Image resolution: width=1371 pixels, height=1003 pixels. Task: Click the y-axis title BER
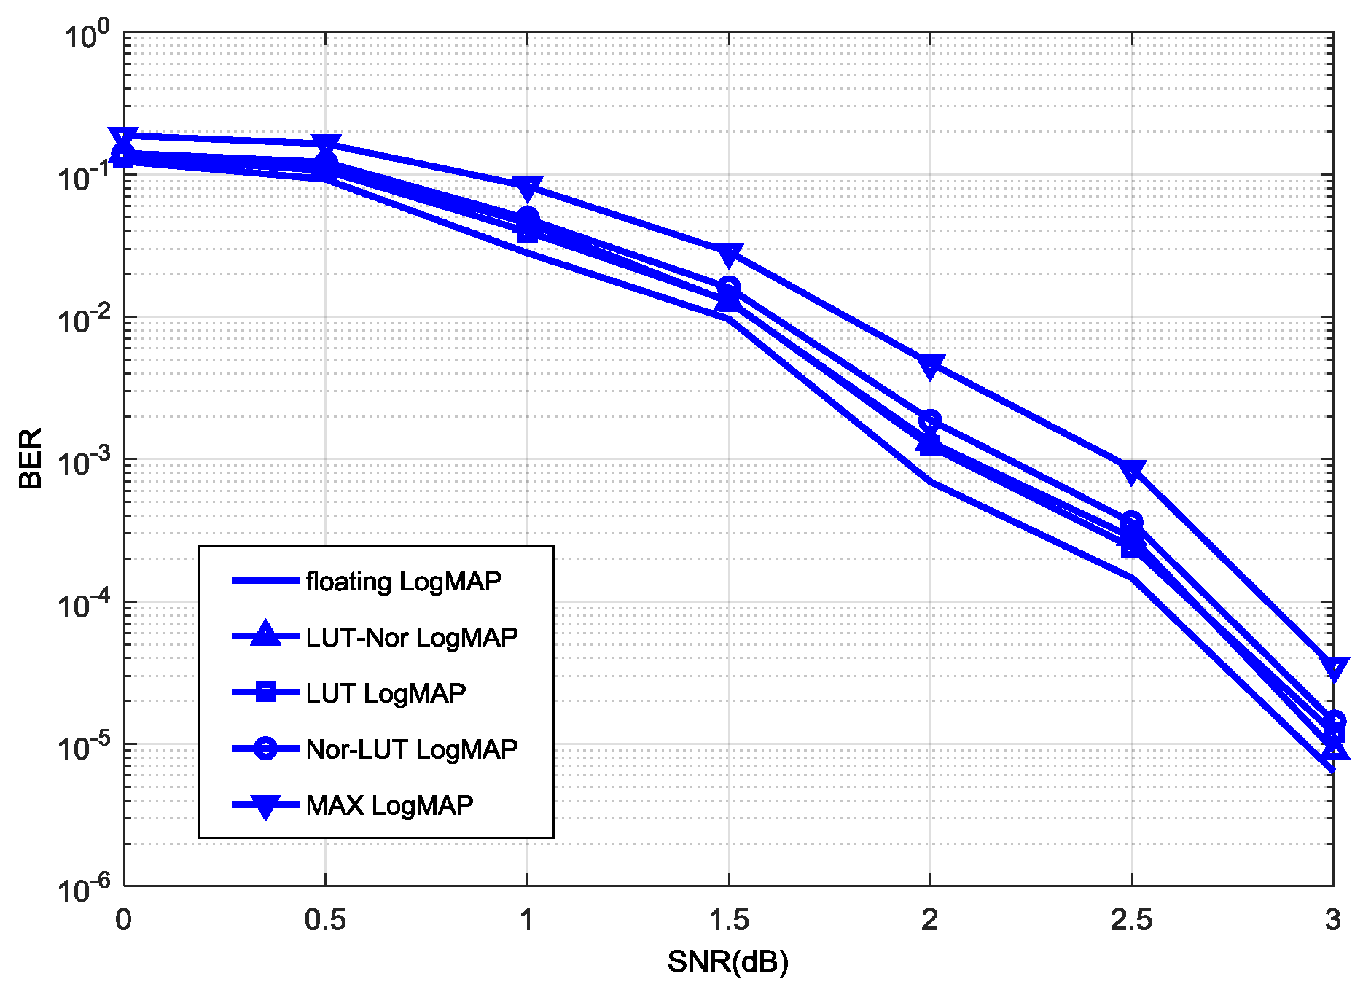tap(31, 458)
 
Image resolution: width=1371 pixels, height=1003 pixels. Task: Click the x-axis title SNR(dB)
tap(727, 962)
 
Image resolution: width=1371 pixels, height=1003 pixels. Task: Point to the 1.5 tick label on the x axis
tap(728, 920)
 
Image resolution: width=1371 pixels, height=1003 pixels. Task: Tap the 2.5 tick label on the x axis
tap(1131, 920)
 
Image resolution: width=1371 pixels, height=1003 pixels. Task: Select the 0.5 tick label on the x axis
tap(325, 920)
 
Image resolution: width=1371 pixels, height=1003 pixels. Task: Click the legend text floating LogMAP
tap(404, 581)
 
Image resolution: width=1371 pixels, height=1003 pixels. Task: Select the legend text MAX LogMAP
tap(390, 805)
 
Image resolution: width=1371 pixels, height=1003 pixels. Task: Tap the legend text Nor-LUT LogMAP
tap(412, 749)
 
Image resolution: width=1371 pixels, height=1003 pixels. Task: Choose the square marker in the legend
tap(266, 692)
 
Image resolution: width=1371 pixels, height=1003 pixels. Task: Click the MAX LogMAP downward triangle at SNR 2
tap(930, 367)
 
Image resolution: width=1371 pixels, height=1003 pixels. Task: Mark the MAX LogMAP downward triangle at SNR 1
tap(527, 188)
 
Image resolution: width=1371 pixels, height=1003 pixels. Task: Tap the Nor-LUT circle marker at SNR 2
tap(930, 421)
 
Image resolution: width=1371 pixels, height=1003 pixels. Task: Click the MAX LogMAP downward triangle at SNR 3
tap(1333, 668)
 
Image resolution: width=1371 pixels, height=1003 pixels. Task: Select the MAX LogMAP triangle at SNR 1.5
tap(729, 254)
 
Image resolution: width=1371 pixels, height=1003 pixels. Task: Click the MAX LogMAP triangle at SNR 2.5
tap(1131, 471)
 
